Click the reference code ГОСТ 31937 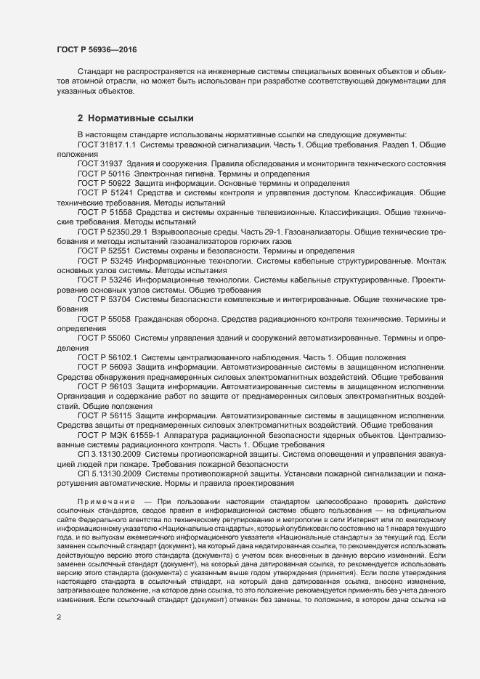point(100,165)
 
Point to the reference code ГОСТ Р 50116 point(104,174)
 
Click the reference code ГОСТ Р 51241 point(105,194)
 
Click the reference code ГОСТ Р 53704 point(104,299)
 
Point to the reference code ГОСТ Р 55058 point(104,319)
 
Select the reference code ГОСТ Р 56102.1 point(107,357)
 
